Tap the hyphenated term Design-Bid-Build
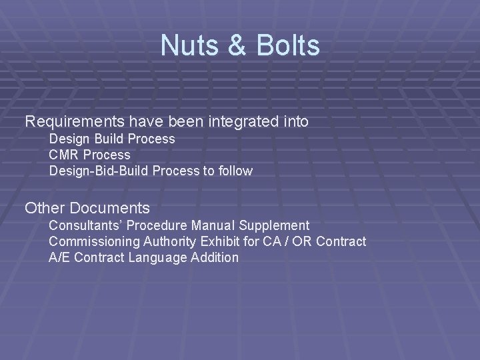tap(99, 171)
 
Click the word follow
tap(234, 171)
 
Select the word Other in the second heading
tap(44, 208)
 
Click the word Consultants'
tap(86, 225)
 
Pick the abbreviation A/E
tap(60, 257)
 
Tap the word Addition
tap(215, 257)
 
